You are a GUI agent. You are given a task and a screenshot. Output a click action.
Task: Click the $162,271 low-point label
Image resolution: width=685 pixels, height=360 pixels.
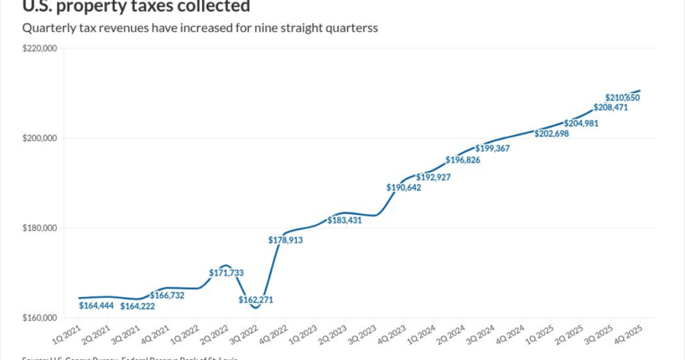[x=256, y=300]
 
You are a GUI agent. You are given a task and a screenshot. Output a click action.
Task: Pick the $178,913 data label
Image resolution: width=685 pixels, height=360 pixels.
[x=286, y=240]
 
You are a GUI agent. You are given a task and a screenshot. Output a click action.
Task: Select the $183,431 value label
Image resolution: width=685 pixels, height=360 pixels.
[x=345, y=220]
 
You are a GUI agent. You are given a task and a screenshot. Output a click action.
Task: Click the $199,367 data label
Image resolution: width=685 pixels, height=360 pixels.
[x=492, y=149]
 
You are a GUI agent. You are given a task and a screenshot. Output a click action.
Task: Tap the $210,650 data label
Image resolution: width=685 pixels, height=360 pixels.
[x=623, y=98]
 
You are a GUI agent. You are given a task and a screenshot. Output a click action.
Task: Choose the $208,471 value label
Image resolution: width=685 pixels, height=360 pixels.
[x=611, y=107]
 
